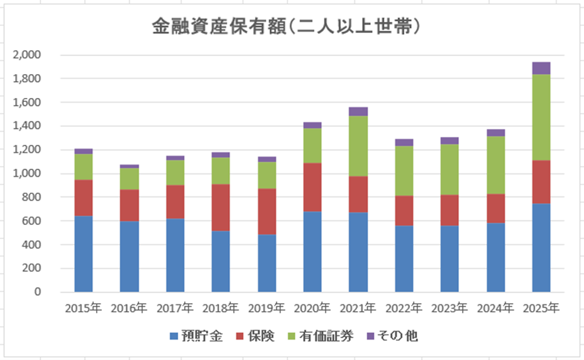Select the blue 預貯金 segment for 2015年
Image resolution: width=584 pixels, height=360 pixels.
(83, 253)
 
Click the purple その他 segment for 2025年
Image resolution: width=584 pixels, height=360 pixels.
(541, 68)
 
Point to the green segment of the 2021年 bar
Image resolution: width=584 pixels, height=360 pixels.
(358, 146)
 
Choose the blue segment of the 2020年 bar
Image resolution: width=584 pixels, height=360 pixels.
(313, 251)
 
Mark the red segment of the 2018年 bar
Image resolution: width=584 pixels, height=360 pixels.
(220, 207)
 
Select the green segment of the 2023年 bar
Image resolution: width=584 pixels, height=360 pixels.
(450, 169)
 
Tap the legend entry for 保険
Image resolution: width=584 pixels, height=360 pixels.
(256, 336)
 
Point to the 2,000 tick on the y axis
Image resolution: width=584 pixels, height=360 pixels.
(27, 55)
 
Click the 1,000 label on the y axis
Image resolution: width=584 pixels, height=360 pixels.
(27, 173)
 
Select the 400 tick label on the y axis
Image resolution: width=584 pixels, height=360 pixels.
(31, 245)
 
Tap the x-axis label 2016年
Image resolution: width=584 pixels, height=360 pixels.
(129, 308)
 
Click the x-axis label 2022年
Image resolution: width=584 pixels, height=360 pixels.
(404, 308)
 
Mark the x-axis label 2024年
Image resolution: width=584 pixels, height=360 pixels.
(495, 308)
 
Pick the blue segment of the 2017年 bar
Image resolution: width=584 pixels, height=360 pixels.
(175, 255)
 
